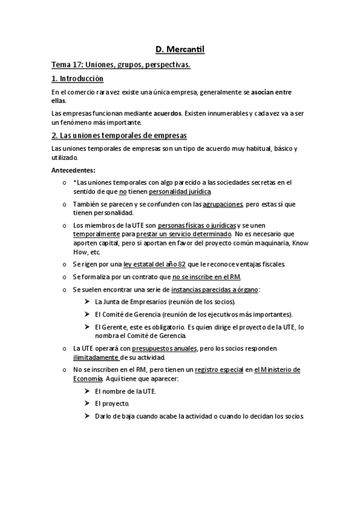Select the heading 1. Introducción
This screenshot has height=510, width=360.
78,79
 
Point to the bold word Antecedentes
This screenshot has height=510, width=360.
73,170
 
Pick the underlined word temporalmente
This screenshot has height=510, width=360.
96,233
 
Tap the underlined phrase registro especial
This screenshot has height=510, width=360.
219,369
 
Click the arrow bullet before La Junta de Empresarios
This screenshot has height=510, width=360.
88,301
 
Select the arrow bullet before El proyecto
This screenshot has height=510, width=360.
88,404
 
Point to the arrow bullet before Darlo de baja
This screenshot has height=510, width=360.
88,416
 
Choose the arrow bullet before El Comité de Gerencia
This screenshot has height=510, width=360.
88,314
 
